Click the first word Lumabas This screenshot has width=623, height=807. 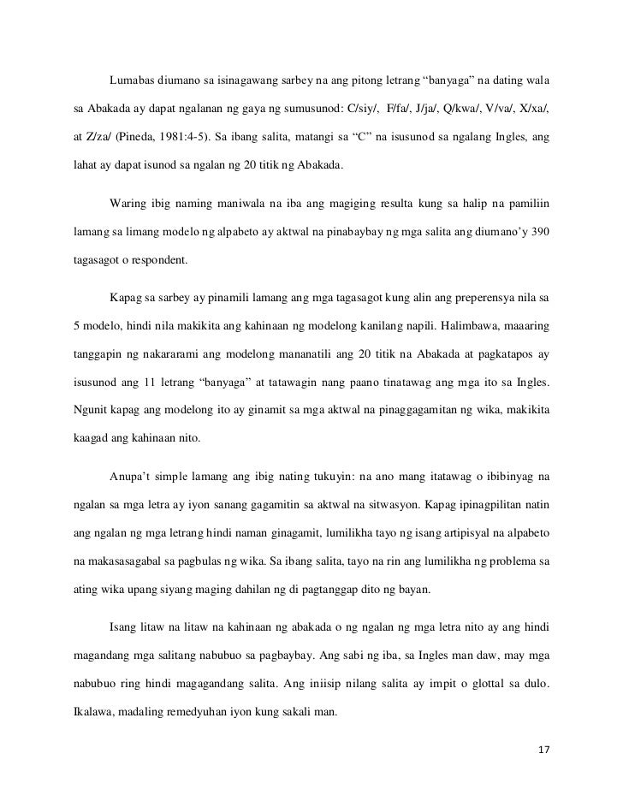click(x=133, y=81)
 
